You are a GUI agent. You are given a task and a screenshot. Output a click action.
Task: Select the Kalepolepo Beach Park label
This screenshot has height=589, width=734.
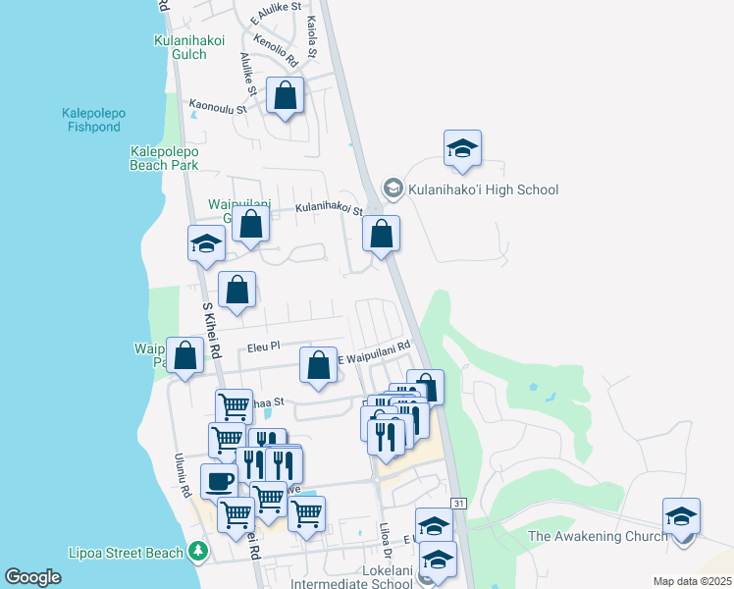coord(164,159)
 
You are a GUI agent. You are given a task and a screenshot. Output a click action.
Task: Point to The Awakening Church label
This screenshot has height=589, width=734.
coord(598,536)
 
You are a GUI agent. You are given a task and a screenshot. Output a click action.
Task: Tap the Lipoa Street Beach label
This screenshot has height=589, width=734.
coord(127,553)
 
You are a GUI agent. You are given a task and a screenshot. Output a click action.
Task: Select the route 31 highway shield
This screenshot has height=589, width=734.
coord(457,504)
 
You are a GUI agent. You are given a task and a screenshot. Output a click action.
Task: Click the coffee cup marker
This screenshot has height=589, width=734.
coord(220,482)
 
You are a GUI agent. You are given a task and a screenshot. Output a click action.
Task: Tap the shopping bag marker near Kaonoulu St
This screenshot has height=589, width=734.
coord(285,96)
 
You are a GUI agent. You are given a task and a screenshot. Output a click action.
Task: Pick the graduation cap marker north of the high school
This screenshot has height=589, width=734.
coord(462,149)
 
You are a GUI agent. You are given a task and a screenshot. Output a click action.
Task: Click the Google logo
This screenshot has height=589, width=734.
coord(32,577)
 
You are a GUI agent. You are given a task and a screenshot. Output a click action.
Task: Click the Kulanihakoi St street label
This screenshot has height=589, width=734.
coord(330,209)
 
